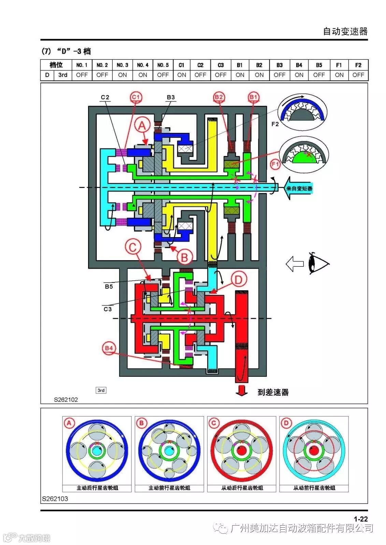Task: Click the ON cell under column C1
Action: click(182, 75)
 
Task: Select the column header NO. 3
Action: click(122, 65)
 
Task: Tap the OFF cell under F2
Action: click(358, 75)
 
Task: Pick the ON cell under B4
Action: click(299, 75)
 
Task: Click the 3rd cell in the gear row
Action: click(63, 75)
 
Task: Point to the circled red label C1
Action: click(136, 97)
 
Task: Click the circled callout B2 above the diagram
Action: click(219, 97)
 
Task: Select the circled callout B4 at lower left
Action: click(109, 348)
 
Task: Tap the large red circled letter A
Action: click(142, 126)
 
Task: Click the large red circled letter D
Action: click(238, 280)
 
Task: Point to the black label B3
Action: click(171, 97)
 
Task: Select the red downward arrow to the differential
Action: click(242, 390)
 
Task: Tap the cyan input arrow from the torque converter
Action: click(299, 188)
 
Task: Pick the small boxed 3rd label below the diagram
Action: click(101, 390)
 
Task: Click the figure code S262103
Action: click(55, 499)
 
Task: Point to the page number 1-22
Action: click(360, 519)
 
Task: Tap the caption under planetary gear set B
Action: click(170, 488)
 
